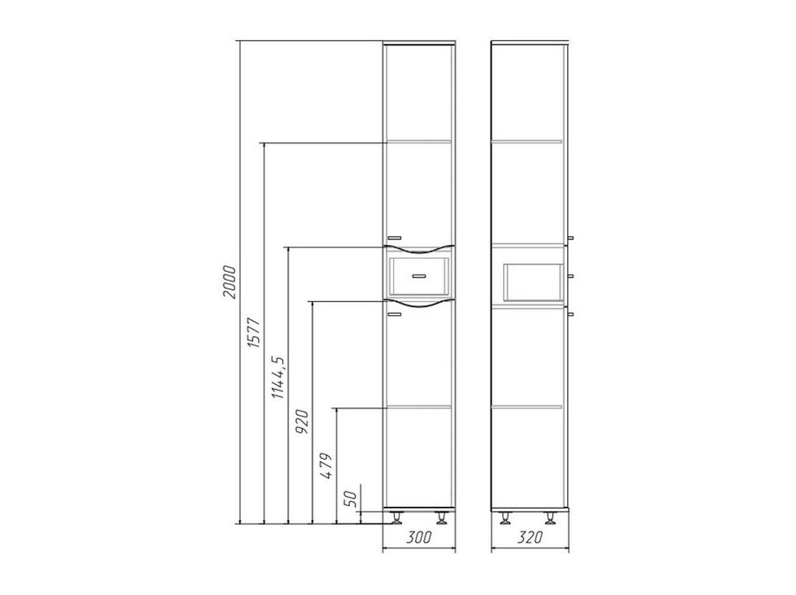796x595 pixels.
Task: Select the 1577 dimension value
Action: click(x=254, y=333)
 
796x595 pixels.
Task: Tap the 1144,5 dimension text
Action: click(x=279, y=377)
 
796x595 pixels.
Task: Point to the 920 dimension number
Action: click(x=302, y=422)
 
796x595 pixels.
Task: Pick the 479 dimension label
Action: click(x=326, y=466)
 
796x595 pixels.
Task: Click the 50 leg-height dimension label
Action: click(x=351, y=500)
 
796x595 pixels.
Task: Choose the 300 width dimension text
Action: click(x=419, y=537)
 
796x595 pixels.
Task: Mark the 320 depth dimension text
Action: click(x=529, y=537)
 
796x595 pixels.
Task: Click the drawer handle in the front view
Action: click(x=419, y=276)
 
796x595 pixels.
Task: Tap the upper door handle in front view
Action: click(x=394, y=238)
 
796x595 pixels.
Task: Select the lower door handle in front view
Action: click(x=394, y=314)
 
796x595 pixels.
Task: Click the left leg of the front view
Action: click(x=396, y=518)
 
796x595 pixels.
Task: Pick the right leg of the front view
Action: click(x=441, y=518)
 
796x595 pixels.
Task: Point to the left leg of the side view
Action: click(x=505, y=518)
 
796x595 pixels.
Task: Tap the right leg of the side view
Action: click(x=550, y=518)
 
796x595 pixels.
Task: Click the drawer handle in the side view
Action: click(x=570, y=276)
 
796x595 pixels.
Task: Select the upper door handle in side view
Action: click(x=570, y=238)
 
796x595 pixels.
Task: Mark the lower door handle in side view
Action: click(x=570, y=314)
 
